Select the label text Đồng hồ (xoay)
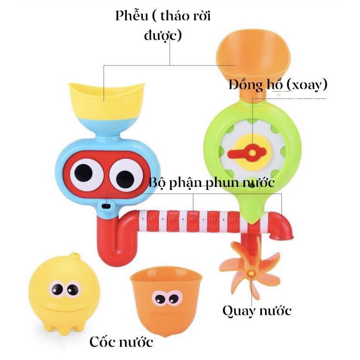coord(278,85)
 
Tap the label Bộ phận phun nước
coord(212,183)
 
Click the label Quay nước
coord(257,310)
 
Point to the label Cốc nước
coord(121,342)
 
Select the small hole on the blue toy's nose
coord(104,206)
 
